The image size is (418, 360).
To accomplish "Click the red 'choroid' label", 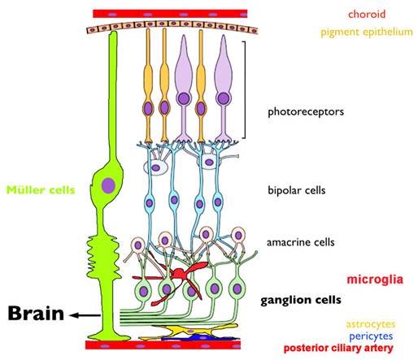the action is click(367, 14).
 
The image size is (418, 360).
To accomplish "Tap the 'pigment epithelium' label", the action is click(367, 32).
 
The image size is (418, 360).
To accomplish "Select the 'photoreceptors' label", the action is click(306, 111).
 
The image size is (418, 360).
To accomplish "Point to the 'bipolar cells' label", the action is click(297, 190).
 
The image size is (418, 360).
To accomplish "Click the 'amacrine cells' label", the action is click(301, 242).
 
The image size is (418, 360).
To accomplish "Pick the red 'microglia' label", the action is click(375, 280).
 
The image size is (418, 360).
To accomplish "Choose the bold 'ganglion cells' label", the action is click(301, 300).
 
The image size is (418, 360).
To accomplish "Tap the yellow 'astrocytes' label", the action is click(371, 324).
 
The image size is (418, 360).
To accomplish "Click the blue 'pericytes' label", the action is click(371, 336).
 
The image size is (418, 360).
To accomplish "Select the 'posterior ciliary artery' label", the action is click(338, 348).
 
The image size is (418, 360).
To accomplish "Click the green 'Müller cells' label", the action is click(41, 190).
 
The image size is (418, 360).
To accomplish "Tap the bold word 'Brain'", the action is click(36, 314).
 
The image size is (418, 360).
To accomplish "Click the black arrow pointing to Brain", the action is click(85, 315).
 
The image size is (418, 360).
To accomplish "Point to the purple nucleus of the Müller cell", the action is click(108, 186).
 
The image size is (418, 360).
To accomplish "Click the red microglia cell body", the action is click(179, 273).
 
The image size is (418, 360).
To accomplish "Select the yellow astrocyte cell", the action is click(189, 331).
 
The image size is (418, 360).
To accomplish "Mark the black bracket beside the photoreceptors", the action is click(245, 89).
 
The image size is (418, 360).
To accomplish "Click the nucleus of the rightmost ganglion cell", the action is click(237, 288).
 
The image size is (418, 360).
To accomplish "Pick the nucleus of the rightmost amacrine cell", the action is click(238, 236).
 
